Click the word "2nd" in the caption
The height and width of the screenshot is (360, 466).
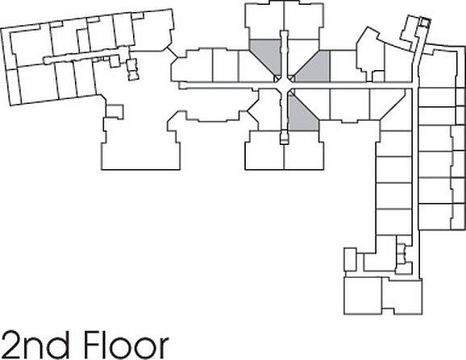coord(35,345)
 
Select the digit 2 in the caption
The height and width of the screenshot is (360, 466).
coord(10,344)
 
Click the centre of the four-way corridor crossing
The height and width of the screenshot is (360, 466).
coord(285,85)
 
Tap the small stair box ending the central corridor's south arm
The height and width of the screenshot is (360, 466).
coord(285,138)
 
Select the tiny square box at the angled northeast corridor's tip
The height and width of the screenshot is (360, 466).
coord(425,23)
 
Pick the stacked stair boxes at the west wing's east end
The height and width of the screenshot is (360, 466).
coord(132,69)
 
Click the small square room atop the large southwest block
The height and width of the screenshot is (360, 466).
coord(114,112)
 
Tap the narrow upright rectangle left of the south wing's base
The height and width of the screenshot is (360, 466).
coord(350,259)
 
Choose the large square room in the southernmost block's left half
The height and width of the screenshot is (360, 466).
coord(363,296)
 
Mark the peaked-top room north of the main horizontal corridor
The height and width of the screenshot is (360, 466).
coord(369,54)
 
